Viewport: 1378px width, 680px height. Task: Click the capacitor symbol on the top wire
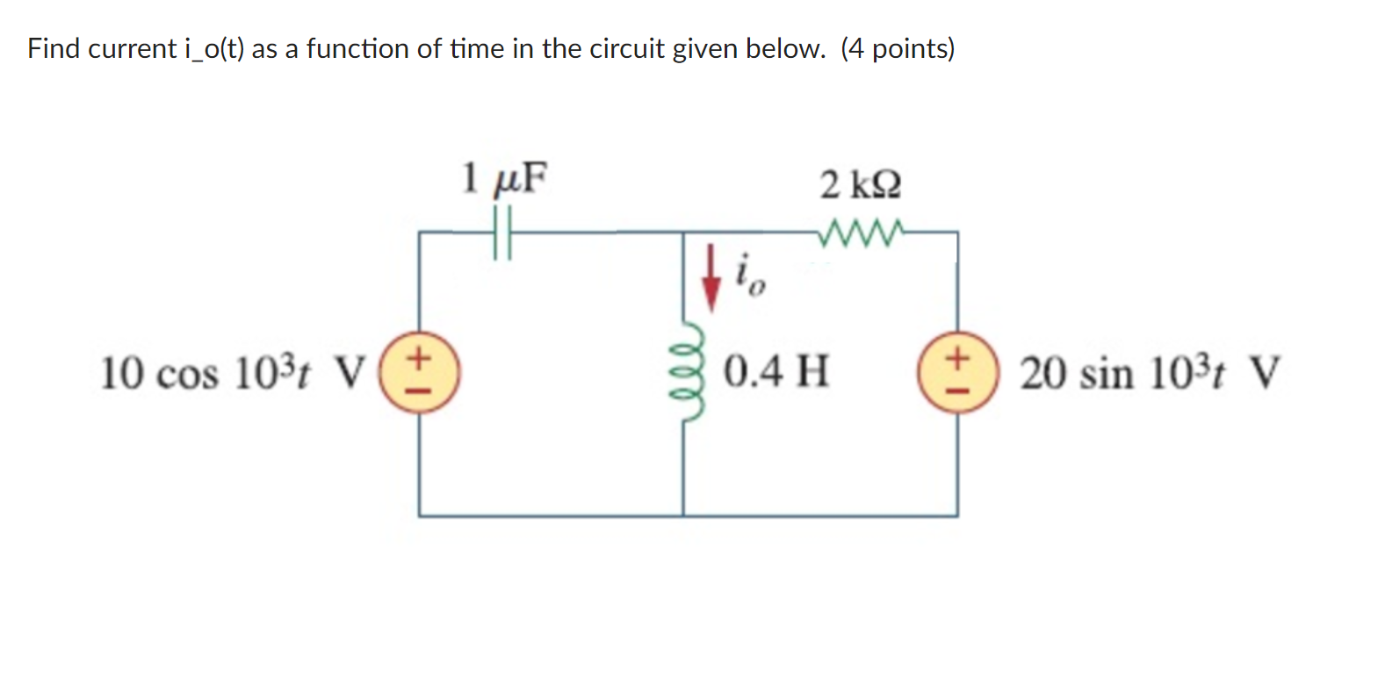[501, 233]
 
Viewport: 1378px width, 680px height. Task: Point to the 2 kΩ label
[860, 185]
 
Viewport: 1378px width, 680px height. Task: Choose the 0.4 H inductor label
[776, 371]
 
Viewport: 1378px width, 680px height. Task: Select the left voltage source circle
[419, 373]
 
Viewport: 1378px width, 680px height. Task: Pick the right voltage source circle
[957, 373]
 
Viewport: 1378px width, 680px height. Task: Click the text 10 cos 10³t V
[232, 373]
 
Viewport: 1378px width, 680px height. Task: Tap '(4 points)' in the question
[897, 49]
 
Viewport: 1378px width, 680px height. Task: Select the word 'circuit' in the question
[626, 49]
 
